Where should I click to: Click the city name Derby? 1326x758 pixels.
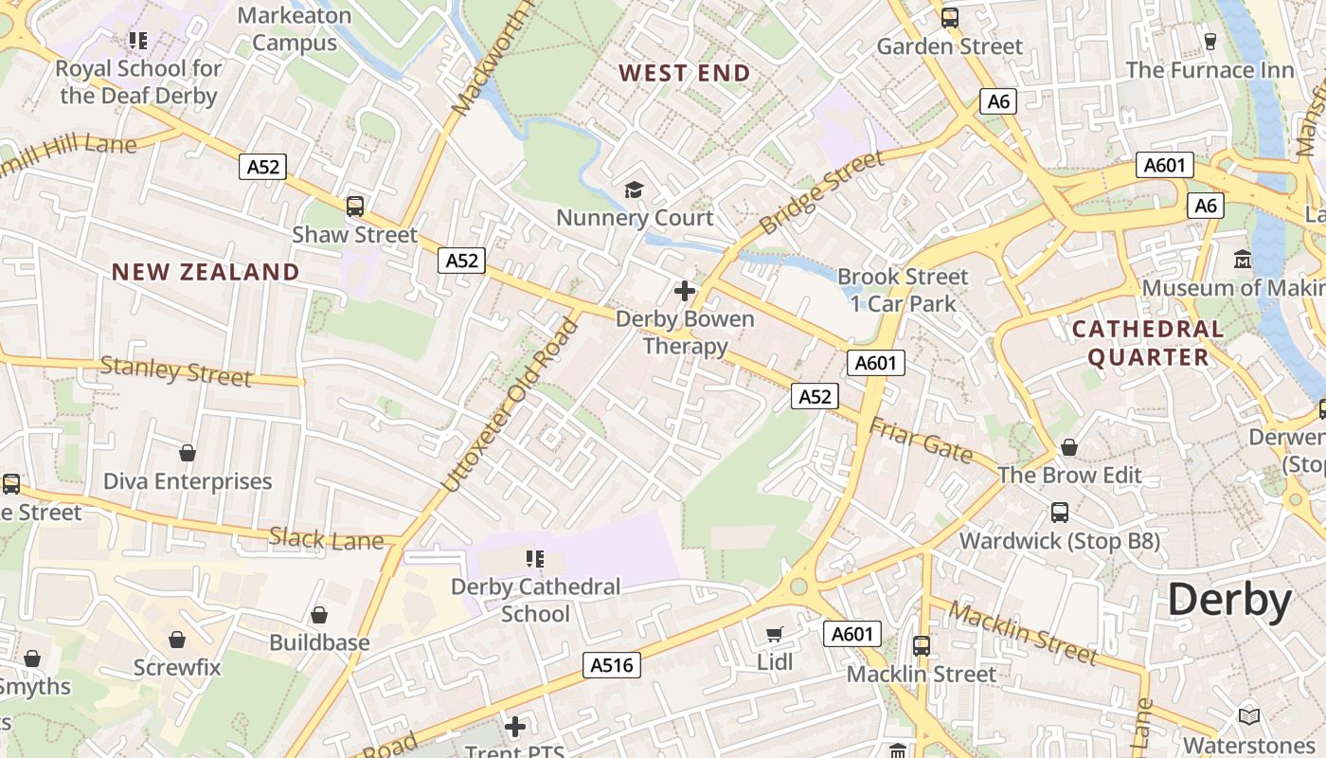[x=1229, y=601]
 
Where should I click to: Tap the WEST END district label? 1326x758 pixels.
[x=685, y=73]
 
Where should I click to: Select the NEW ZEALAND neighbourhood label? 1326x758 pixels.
[x=206, y=272]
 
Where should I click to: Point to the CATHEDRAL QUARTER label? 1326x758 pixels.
[x=1148, y=343]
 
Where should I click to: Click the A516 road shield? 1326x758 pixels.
[x=611, y=665]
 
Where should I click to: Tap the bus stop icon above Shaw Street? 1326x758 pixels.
[x=355, y=206]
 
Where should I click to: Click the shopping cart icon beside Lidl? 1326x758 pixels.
[x=775, y=634]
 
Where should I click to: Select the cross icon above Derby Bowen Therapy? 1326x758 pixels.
[x=684, y=291]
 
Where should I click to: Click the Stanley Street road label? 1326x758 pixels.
[x=176, y=370]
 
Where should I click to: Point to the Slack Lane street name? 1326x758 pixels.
[x=327, y=539]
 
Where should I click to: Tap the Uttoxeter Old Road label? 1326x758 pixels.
[x=511, y=406]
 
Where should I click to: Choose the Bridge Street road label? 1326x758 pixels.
[x=821, y=193]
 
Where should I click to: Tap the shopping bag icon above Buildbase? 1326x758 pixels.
[x=319, y=615]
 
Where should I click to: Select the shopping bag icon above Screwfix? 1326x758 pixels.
[x=176, y=640]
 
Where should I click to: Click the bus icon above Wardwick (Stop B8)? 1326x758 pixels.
[x=1060, y=513]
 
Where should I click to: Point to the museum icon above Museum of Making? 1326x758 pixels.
[x=1243, y=259]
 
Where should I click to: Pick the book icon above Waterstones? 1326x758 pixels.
[x=1249, y=716]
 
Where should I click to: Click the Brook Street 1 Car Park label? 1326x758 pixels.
[x=904, y=290]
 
